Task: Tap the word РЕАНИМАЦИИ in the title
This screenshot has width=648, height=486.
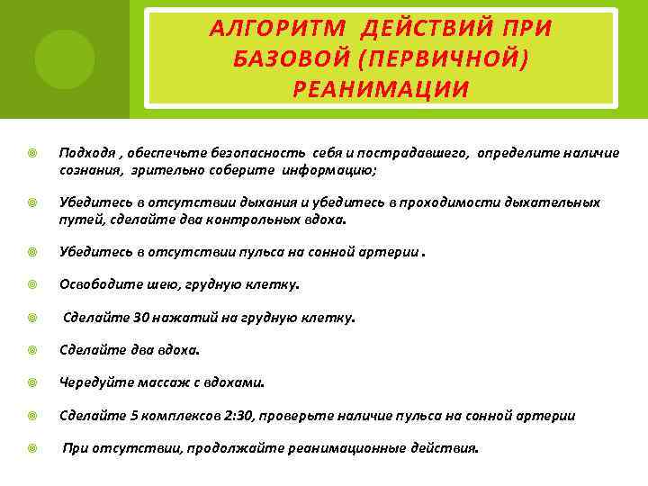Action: click(x=381, y=89)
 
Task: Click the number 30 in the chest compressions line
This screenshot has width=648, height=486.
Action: click(x=140, y=318)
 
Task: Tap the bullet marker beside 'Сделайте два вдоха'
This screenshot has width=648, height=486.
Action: click(x=31, y=350)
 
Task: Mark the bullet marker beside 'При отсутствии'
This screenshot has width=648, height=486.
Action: click(x=31, y=447)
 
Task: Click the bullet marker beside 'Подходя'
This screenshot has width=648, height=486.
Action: click(x=31, y=153)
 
